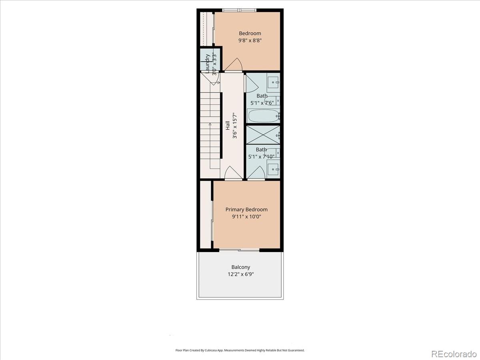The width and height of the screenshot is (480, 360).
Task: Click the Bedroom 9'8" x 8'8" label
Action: (x=250, y=37)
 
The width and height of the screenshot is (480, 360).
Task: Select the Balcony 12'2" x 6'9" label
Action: (x=241, y=271)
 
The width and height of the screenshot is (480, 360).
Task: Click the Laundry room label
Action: (x=208, y=63)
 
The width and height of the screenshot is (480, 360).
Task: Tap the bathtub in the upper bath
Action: (x=263, y=116)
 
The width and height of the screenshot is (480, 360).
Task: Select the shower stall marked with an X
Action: (x=262, y=135)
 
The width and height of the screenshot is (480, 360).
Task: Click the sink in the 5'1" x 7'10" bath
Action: (x=273, y=169)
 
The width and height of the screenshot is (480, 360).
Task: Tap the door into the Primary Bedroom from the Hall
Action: (x=233, y=174)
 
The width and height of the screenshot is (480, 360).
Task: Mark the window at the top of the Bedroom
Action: (x=239, y=10)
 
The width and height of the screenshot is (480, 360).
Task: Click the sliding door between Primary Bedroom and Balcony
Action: (x=239, y=250)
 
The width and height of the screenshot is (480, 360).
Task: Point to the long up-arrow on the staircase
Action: (x=210, y=146)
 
